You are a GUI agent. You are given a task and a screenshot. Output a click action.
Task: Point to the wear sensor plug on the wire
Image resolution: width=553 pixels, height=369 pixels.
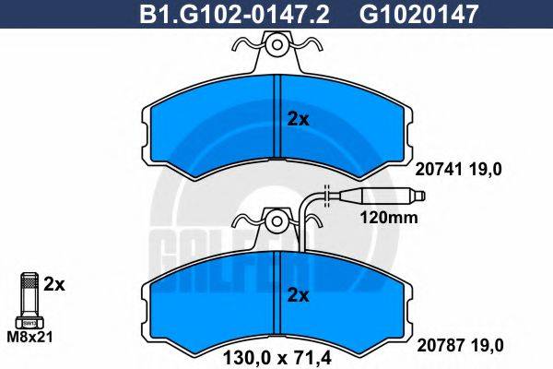386,196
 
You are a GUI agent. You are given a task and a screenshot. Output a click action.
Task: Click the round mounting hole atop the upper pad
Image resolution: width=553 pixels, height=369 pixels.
277,42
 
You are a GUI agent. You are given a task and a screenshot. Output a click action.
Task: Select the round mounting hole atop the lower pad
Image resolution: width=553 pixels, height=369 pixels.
277,220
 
